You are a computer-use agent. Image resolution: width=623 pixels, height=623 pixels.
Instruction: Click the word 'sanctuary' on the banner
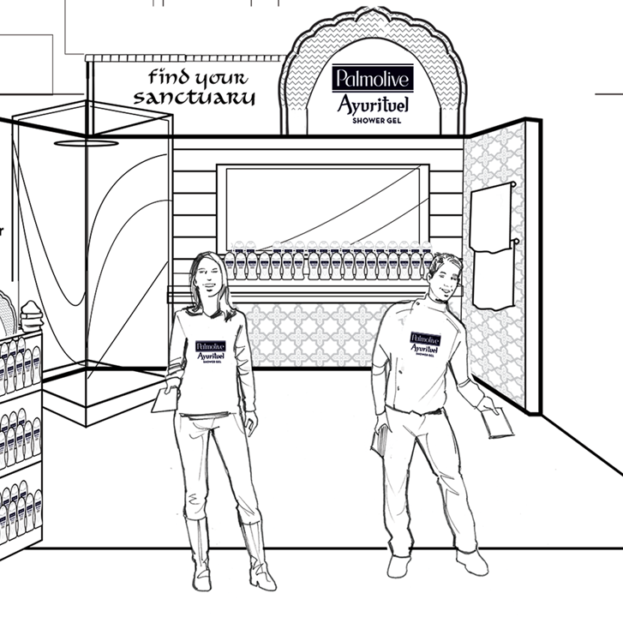coord(195,97)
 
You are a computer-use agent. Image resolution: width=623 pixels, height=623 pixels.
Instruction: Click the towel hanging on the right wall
coord(493,249)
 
